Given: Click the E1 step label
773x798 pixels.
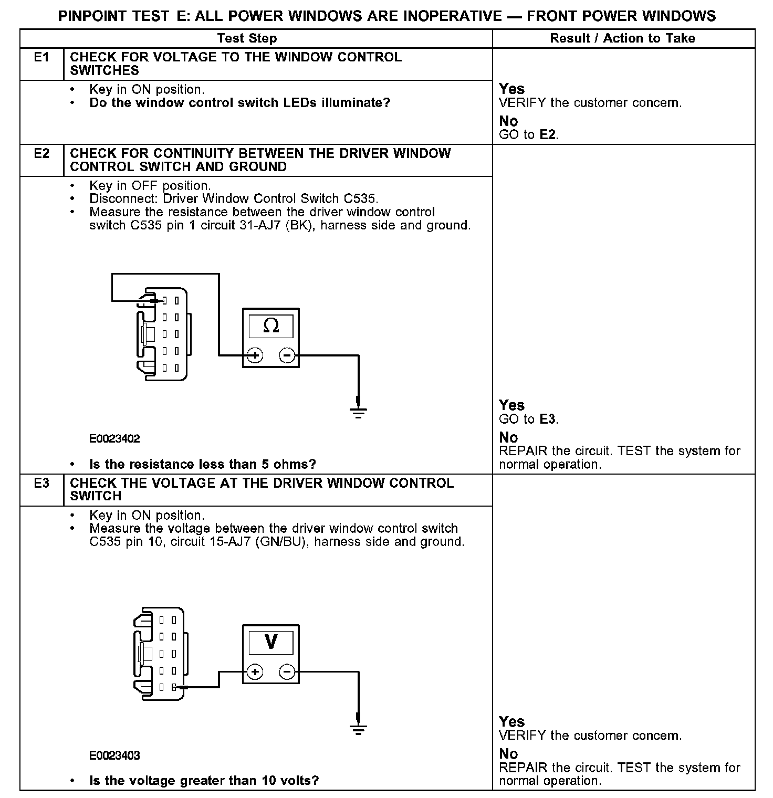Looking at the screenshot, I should coord(41,57).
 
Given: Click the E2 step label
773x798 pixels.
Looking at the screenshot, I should coord(41,153).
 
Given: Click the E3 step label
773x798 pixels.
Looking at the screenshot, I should coord(41,483).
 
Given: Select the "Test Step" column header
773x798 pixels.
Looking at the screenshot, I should coord(247,38).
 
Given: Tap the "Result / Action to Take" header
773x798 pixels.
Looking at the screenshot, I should coord(622,38).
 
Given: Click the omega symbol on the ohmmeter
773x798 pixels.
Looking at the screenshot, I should coord(271,327).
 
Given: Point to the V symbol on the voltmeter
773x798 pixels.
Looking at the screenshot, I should coord(271,642).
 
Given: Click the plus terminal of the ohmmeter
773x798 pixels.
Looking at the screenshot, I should coord(255,356).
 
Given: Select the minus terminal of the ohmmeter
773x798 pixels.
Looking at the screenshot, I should coord(287,356).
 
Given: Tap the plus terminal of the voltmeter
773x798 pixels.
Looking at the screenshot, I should coord(255,672).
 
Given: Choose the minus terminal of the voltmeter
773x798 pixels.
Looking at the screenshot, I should coord(287,672).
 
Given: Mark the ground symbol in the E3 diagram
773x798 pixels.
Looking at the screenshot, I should coord(359,728).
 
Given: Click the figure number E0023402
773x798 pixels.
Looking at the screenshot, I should coord(114,439).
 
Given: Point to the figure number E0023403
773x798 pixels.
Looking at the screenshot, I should coord(114,755).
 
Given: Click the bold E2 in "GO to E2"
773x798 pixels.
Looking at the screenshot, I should coord(548,135).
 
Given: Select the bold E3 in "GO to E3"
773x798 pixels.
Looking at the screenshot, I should coord(548,419).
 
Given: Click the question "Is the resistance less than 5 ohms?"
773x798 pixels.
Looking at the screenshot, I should coord(203,464).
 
